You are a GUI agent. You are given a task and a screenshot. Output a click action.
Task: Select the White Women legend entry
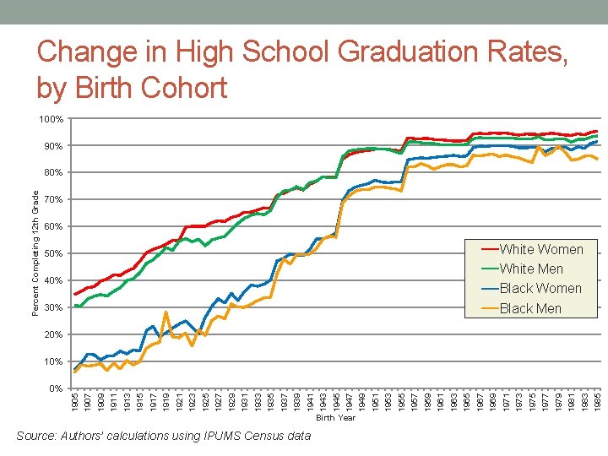[540, 249]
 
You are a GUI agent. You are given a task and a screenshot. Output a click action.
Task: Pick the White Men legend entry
[531, 269]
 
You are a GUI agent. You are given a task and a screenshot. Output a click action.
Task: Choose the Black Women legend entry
[540, 288]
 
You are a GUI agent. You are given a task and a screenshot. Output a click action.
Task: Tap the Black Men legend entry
[530, 308]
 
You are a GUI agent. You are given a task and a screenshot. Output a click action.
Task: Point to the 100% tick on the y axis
[52, 120]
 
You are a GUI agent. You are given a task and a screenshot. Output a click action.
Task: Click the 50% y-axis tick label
[53, 253]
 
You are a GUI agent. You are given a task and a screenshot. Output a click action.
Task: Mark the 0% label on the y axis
[56, 388]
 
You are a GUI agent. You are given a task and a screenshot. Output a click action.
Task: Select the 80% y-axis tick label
[53, 173]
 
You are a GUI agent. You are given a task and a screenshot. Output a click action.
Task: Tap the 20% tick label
[53, 334]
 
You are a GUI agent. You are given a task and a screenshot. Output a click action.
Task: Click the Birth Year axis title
[335, 417]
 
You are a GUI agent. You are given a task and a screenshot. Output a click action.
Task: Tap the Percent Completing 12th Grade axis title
[35, 253]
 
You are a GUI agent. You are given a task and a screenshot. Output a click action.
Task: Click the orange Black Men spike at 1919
[166, 312]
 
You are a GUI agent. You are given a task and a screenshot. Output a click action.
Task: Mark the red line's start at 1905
[76, 294]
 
